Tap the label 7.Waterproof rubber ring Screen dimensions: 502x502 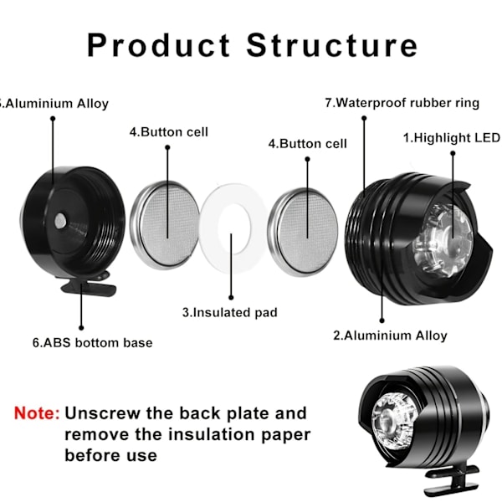402,103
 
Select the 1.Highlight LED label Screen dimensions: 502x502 451,137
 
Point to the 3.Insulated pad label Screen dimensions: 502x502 229,313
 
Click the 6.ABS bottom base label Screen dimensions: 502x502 92,342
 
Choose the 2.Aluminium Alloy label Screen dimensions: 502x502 390,336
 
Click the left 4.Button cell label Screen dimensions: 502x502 168,131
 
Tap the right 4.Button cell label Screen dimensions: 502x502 307,143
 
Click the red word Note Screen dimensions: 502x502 36,413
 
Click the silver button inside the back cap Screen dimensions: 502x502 60,220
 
